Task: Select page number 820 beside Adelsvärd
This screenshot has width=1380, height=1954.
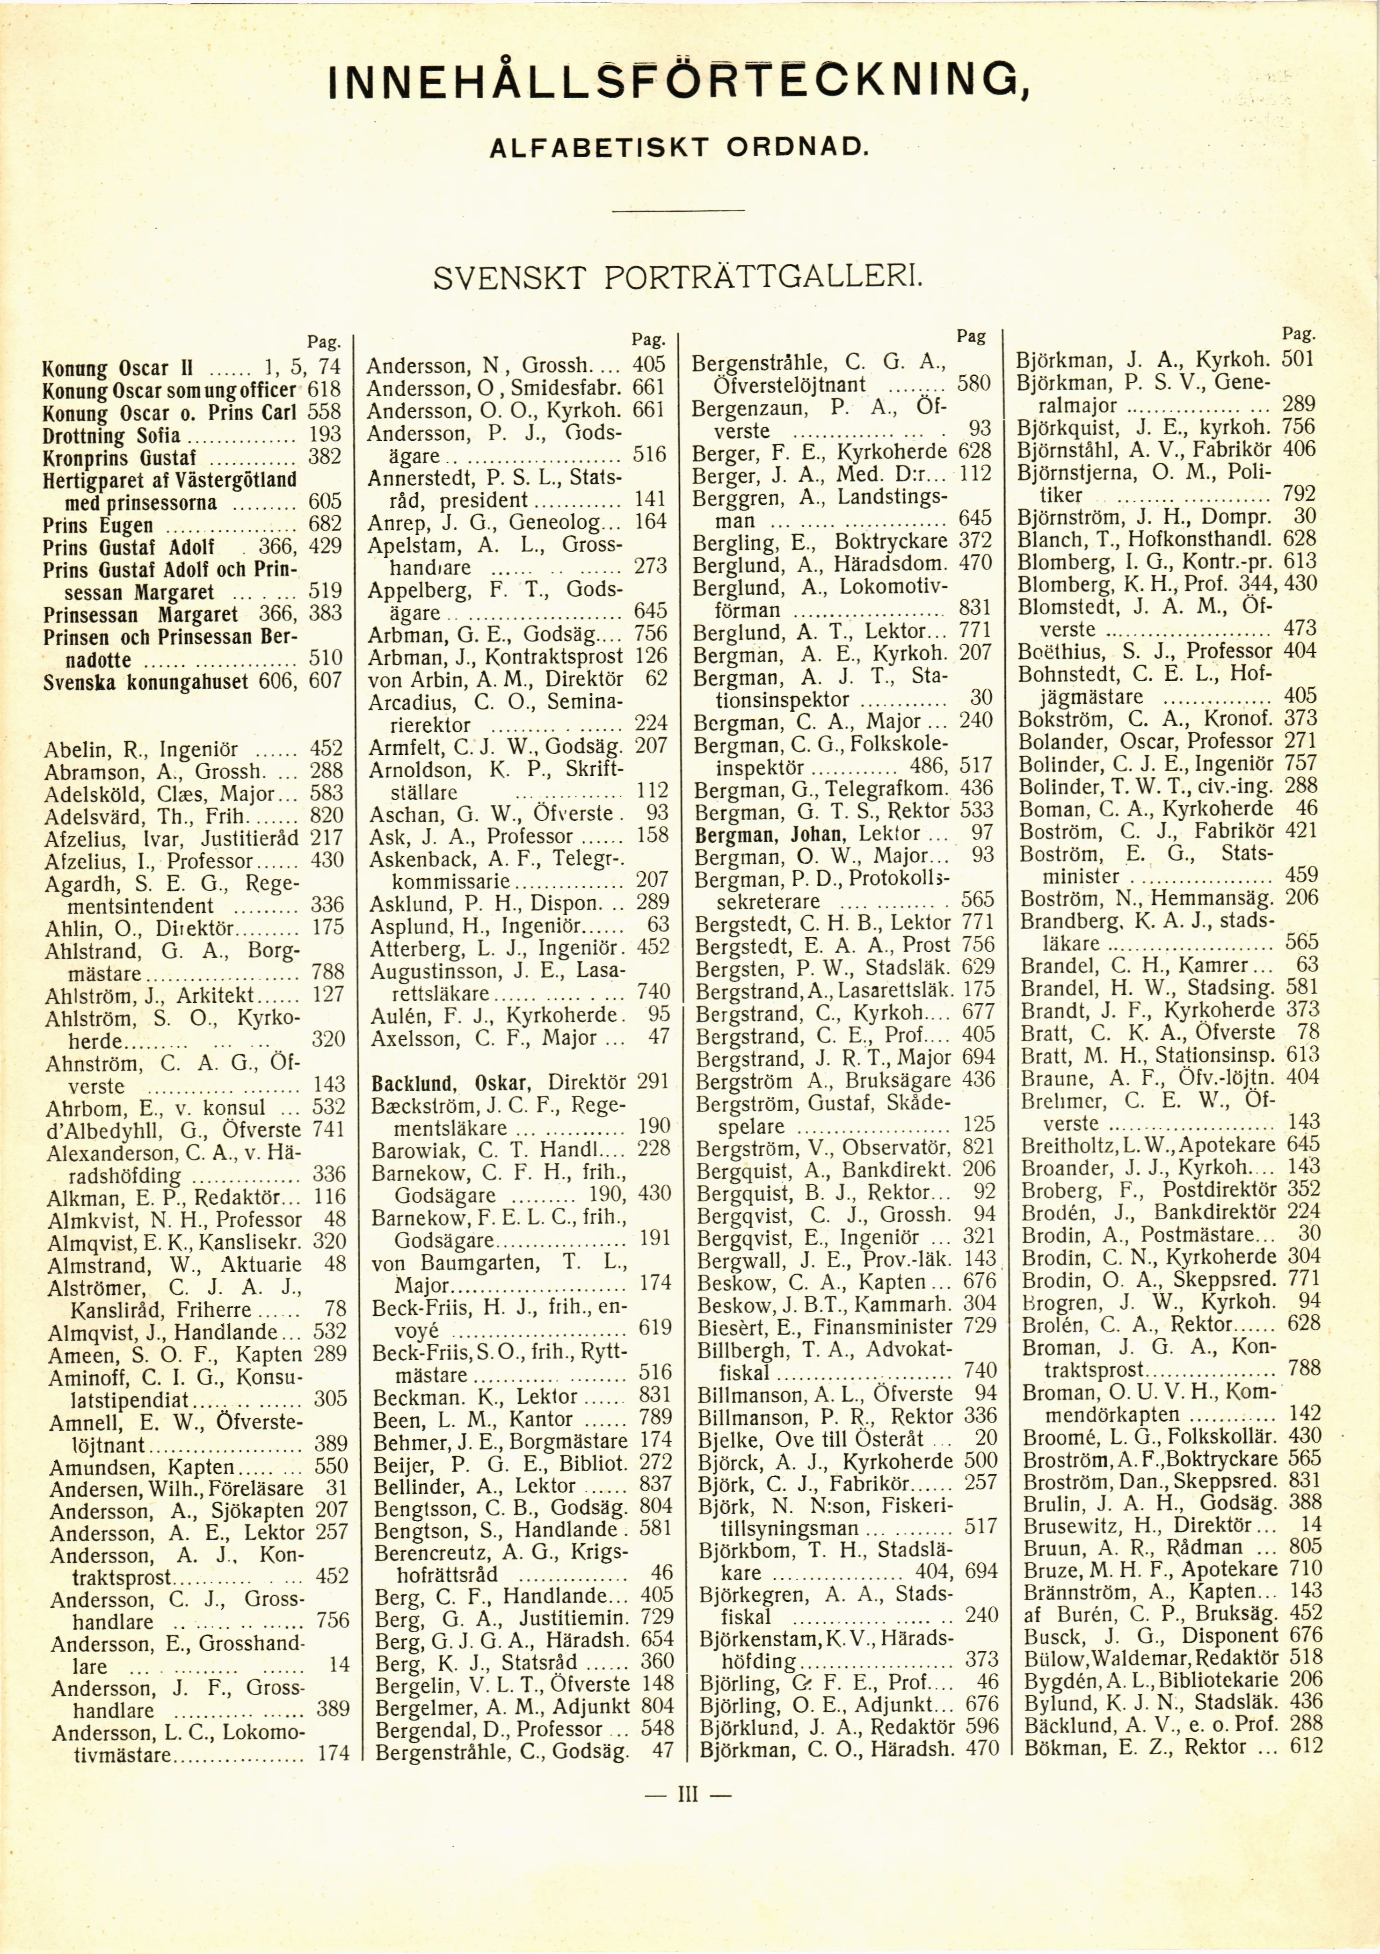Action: click(327, 815)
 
